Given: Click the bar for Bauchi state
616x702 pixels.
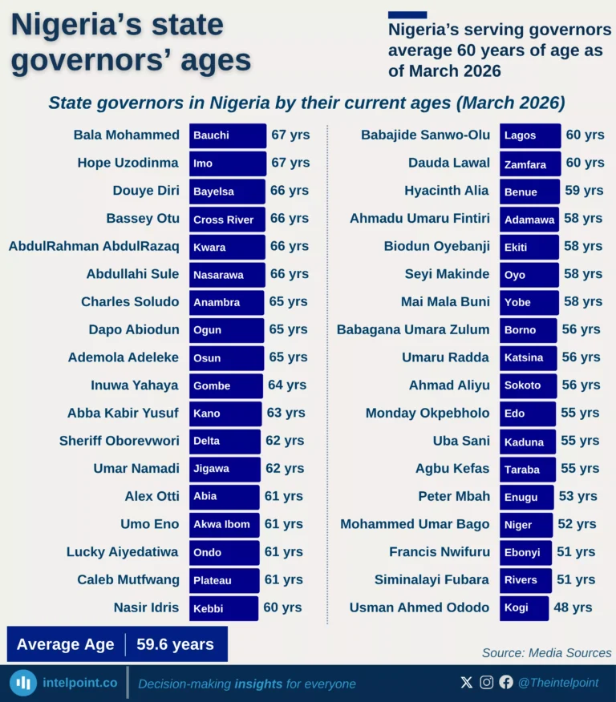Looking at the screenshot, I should pos(227,135).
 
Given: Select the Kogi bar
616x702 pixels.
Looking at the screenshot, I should pos(524,607).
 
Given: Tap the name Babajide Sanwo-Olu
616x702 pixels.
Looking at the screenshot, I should pos(425,135).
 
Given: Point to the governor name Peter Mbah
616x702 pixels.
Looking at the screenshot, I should pos(454,496).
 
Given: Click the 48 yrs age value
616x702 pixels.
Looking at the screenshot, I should pos(573,607).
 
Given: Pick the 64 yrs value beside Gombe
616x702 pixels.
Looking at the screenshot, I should pos(287,385).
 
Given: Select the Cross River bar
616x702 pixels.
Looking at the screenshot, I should pos(227,219).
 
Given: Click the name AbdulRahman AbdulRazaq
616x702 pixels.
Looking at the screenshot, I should pos(94,246).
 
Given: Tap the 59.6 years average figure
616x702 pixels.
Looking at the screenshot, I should pos(175,644).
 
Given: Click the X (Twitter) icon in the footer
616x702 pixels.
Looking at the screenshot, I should pos(467,683).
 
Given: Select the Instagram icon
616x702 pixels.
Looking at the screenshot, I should pos(487,683).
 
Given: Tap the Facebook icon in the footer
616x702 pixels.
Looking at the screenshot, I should pos(506,683).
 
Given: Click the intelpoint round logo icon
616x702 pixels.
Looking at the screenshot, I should pos(24,683).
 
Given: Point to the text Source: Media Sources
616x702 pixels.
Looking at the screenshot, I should pos(546,653).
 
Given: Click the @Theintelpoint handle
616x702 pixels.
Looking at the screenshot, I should pos(558,683).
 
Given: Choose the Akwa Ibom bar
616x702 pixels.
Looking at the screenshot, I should pos(225,524).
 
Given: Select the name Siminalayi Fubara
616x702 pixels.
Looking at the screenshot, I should pos(432,579).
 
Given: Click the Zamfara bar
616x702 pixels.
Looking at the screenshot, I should pos(529,163).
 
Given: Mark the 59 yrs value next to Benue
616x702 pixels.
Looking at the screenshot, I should pos(584,191).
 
